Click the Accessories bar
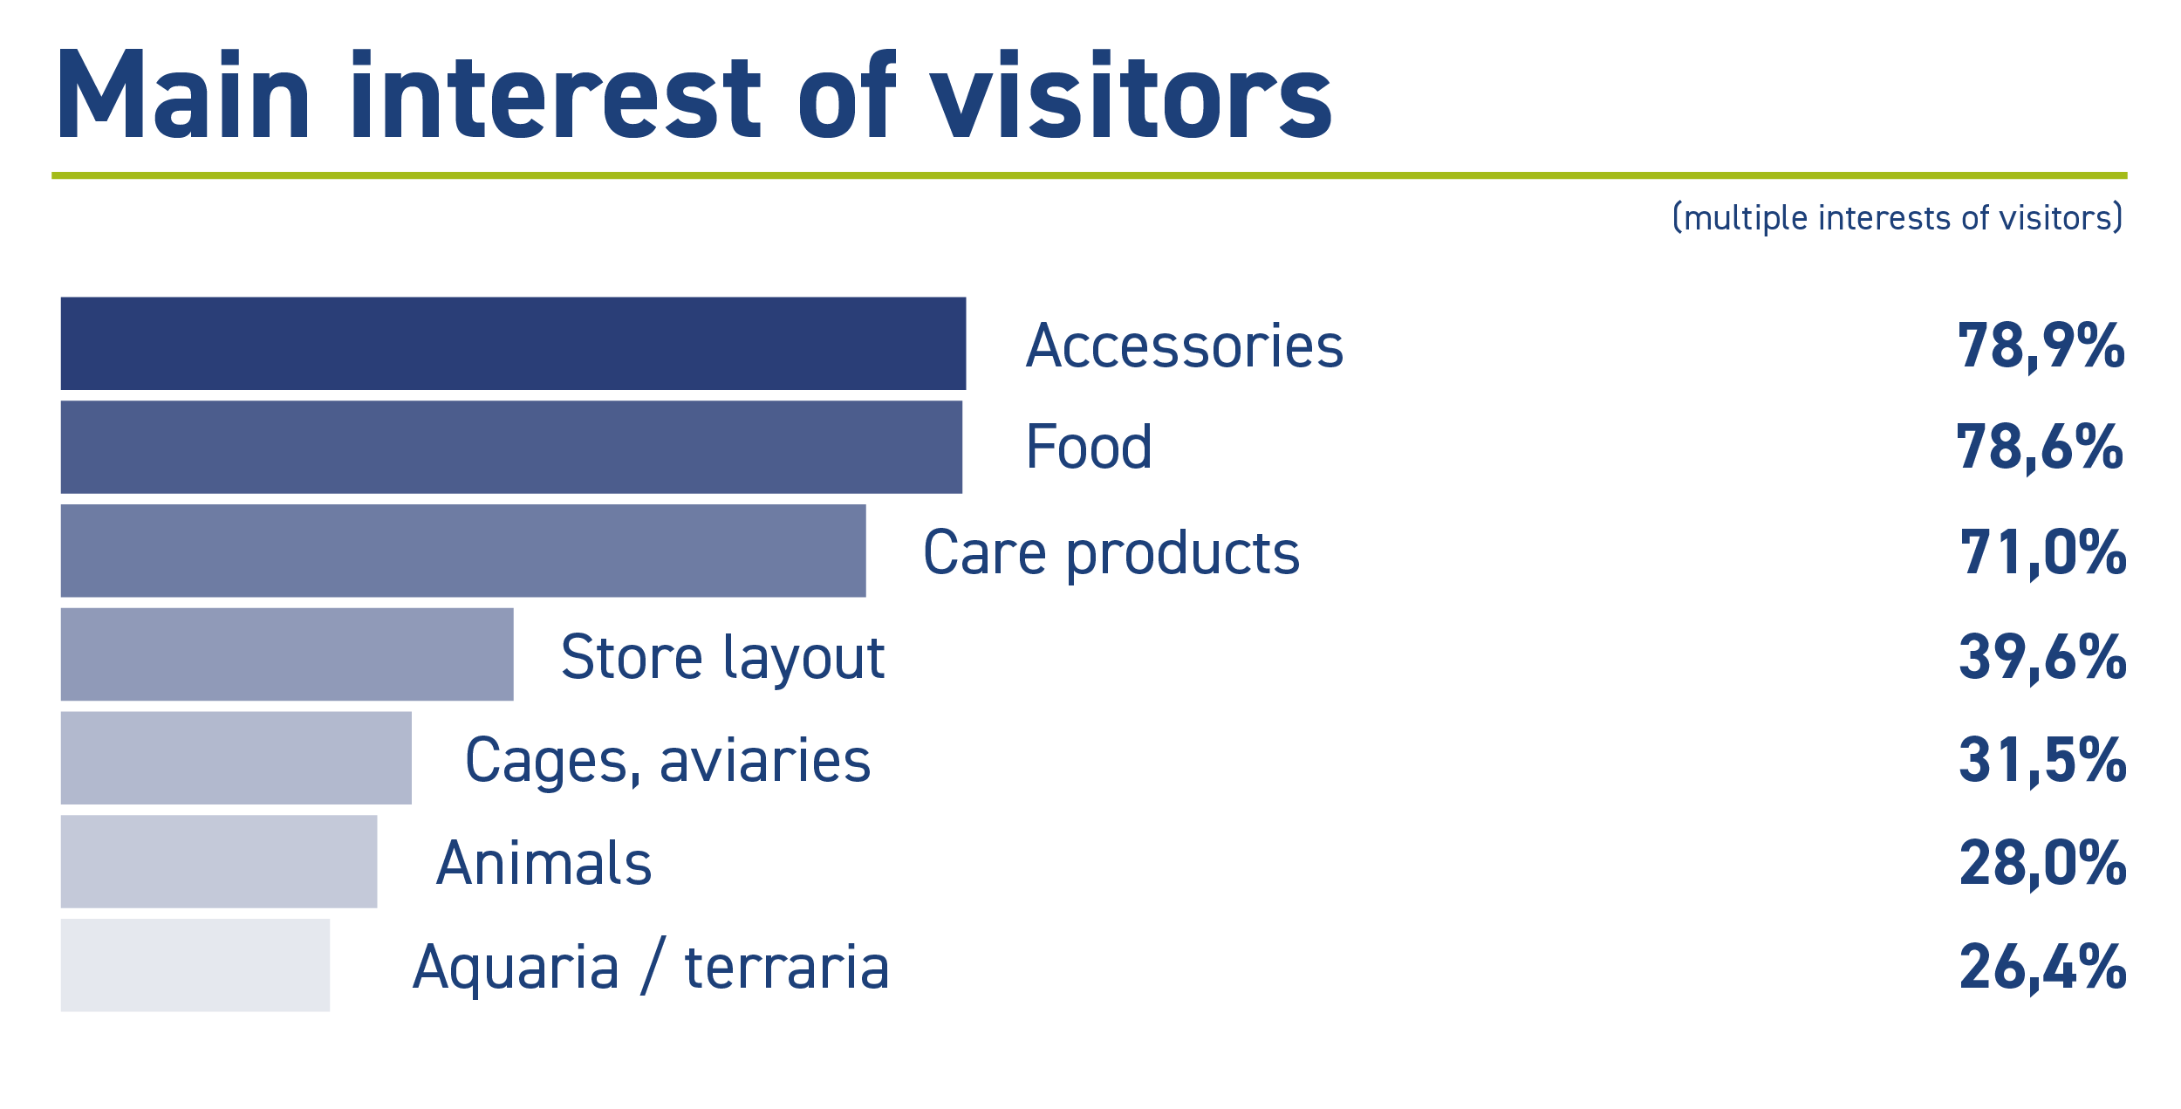pos(513,343)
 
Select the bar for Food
pos(511,447)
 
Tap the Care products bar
pos(463,551)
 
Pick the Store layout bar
pos(287,654)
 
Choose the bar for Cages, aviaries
pos(236,758)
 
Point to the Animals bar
pos(219,862)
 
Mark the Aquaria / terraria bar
pos(195,965)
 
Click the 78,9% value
pos(2041,346)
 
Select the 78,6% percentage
pos(2040,448)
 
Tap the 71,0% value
pos(2043,553)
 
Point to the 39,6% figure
pos(2043,658)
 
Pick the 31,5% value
pos(2043,760)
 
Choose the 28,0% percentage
pos(2043,864)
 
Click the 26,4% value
pos(2043,967)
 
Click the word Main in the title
pos(183,93)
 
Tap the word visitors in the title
pos(1132,93)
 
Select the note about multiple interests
pos(1897,218)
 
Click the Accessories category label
pos(1185,346)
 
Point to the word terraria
pos(787,968)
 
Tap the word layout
pos(804,659)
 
